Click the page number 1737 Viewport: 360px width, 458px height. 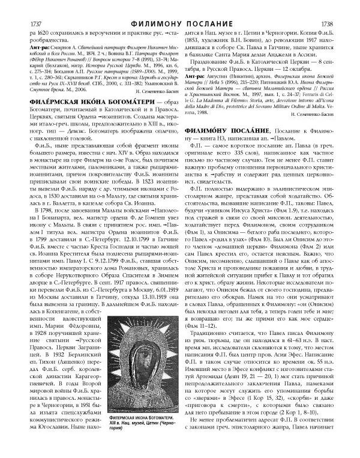[22, 7]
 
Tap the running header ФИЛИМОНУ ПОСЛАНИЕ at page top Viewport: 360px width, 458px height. [180, 7]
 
